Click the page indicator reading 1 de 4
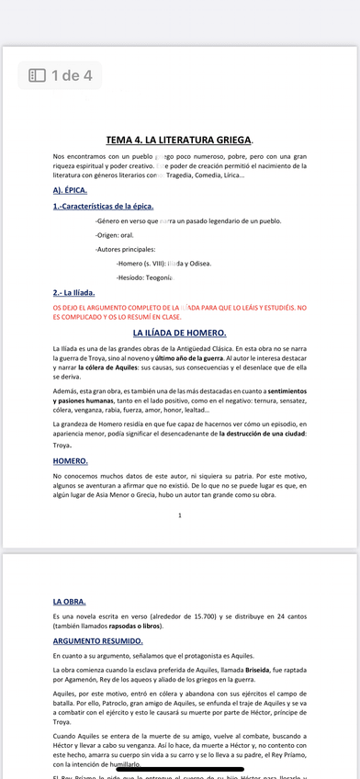pyautogui.click(x=72, y=75)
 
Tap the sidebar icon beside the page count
pyautogui.click(x=38, y=75)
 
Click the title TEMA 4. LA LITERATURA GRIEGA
pyautogui.click(x=179, y=141)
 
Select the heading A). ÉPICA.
pyautogui.click(x=70, y=190)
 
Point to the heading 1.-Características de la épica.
pyautogui.click(x=103, y=206)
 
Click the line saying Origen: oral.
pyautogui.click(x=115, y=234)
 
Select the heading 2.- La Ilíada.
pyautogui.click(x=74, y=292)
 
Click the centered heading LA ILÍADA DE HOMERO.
pyautogui.click(x=179, y=333)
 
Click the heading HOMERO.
pyautogui.click(x=71, y=460)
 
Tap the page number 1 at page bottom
pyautogui.click(x=180, y=515)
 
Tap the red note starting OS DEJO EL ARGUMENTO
pyautogui.click(x=179, y=311)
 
